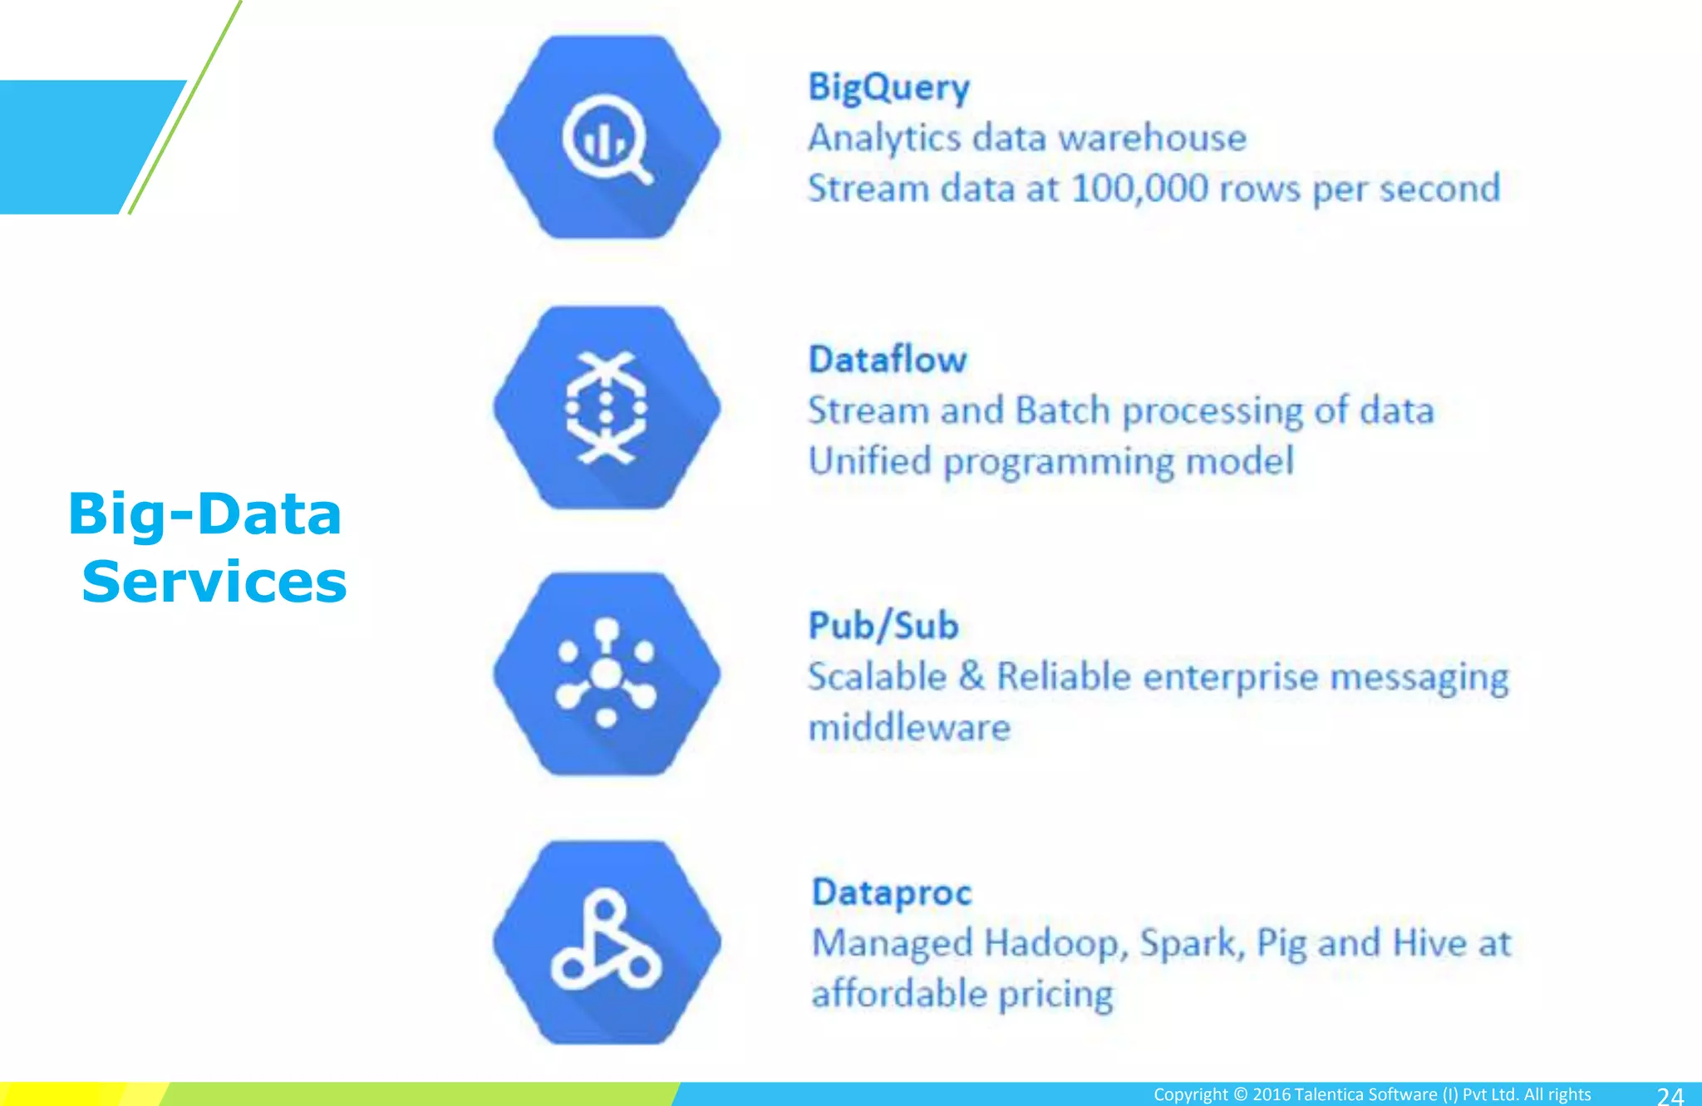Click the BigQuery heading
click(888, 88)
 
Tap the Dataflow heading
click(888, 360)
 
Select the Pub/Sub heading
click(883, 626)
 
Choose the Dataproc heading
click(891, 892)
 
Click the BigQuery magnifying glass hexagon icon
click(607, 137)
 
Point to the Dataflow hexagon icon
click(607, 407)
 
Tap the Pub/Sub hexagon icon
click(607, 674)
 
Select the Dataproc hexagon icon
click(607, 942)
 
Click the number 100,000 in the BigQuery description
click(1139, 189)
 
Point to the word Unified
click(869, 461)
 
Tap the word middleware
click(909, 728)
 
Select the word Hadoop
click(1055, 944)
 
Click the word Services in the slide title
click(214, 582)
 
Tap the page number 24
click(1670, 1096)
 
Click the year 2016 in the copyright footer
click(1271, 1094)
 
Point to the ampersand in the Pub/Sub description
click(971, 676)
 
